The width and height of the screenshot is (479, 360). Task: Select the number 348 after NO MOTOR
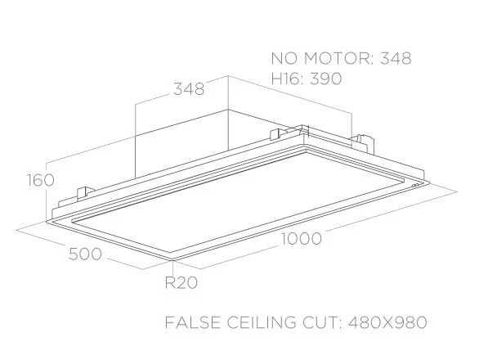[396, 58]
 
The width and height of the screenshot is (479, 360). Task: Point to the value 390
[325, 79]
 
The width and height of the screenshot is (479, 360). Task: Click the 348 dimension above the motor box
[189, 89]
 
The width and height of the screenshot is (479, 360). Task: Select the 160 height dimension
[41, 180]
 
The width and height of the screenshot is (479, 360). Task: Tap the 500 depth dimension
[85, 254]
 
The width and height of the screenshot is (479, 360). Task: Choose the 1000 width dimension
[301, 239]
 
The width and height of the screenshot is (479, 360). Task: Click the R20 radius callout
[181, 282]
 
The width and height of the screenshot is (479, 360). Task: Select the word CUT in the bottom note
[320, 322]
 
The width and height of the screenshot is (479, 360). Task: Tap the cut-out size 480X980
[387, 322]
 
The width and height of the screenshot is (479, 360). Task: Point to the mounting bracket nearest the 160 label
[85, 193]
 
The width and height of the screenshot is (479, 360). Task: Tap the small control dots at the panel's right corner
[415, 186]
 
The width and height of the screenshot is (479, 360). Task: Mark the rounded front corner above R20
[173, 259]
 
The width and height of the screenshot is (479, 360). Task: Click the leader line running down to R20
[173, 268]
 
